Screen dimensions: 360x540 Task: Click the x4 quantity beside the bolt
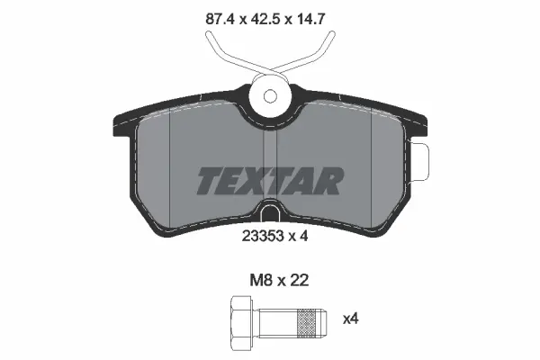coord(350,318)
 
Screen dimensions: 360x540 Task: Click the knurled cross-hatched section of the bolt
coord(307,319)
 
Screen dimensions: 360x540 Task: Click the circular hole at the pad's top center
coord(270,94)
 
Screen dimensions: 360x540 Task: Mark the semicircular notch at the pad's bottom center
coord(270,213)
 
